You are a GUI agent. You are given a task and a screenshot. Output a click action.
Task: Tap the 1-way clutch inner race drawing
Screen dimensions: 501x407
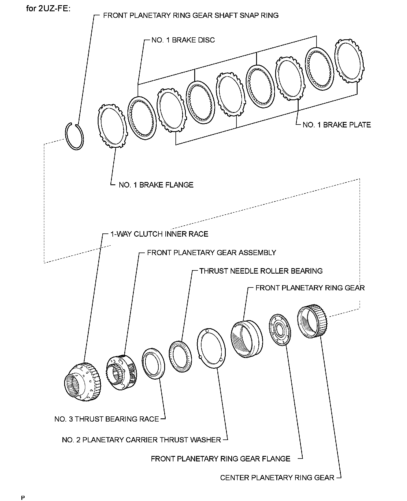[x=83, y=382]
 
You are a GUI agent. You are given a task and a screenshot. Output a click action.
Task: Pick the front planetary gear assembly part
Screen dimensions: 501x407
[x=121, y=372]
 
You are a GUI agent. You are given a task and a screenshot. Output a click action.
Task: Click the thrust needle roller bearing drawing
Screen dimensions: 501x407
[x=180, y=357]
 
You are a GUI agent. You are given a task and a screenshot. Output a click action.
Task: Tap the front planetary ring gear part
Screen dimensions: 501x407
[x=247, y=339]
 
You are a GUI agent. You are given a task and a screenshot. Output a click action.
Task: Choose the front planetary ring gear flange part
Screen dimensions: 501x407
[x=280, y=329]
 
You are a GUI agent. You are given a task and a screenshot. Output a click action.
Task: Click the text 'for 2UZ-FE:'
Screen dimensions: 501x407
[x=48, y=8]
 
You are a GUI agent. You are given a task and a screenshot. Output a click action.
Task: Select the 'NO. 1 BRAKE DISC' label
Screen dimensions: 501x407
[x=183, y=40]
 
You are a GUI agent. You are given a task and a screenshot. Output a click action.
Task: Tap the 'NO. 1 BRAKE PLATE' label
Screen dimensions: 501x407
[x=336, y=125]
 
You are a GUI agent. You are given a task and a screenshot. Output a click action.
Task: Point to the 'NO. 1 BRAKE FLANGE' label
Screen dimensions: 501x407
[x=156, y=185]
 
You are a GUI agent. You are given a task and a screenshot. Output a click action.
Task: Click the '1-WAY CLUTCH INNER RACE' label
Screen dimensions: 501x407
[x=159, y=234]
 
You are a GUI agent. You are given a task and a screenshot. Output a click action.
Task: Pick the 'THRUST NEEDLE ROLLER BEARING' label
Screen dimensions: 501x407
[x=261, y=271]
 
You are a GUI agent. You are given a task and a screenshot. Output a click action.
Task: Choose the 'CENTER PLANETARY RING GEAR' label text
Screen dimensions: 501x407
[x=277, y=478]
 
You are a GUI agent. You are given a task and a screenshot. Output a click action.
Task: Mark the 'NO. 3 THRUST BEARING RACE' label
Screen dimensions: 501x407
[x=107, y=419]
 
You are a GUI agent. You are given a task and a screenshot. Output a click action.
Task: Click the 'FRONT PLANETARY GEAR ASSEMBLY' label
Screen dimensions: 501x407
[x=212, y=253]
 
